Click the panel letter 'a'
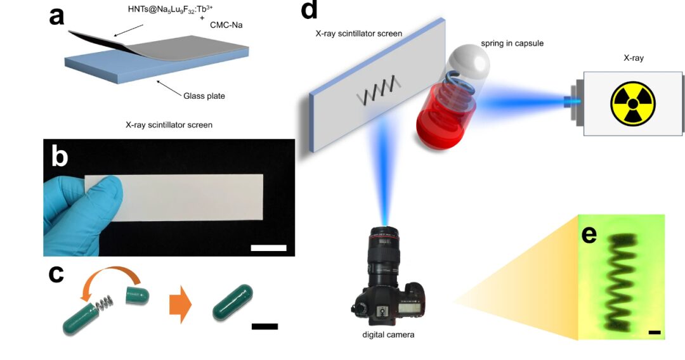[57, 15]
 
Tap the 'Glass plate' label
[204, 96]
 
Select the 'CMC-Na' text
[226, 25]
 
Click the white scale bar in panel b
[268, 247]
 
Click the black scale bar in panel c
[264, 326]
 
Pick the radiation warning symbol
[632, 103]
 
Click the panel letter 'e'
[589, 234]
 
